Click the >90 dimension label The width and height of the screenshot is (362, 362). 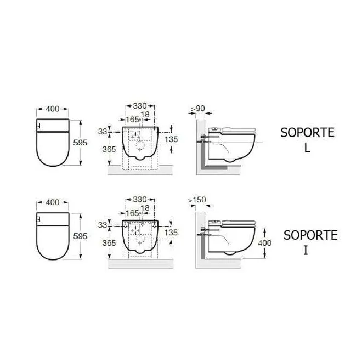coord(198,108)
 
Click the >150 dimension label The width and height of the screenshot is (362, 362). coord(197,200)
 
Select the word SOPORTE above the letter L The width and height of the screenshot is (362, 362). coord(307,133)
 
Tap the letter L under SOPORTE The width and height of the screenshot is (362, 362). coord(307,148)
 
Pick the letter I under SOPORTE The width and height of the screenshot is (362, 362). coord(306,250)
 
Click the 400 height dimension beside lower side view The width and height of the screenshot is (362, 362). coord(264,243)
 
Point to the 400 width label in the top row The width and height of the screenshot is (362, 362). coord(53,109)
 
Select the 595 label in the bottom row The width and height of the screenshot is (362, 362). coord(80,236)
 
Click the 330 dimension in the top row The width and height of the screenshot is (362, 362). coord(140,106)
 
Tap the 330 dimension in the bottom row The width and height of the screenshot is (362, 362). coord(140,200)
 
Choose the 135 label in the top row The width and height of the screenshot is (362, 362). coord(171,139)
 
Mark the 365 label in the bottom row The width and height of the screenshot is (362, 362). coord(109,243)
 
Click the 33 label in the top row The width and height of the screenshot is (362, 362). coord(103,132)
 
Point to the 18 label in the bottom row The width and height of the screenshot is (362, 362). coord(145,208)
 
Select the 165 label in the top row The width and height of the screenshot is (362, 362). coord(133,120)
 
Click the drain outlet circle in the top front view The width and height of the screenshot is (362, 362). coord(140,145)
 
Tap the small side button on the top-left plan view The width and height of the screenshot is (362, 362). coord(38,126)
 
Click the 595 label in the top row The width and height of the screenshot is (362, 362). coord(80,143)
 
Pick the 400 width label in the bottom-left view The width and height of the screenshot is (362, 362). coord(53,202)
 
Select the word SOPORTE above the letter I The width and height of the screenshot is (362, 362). coord(310,235)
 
